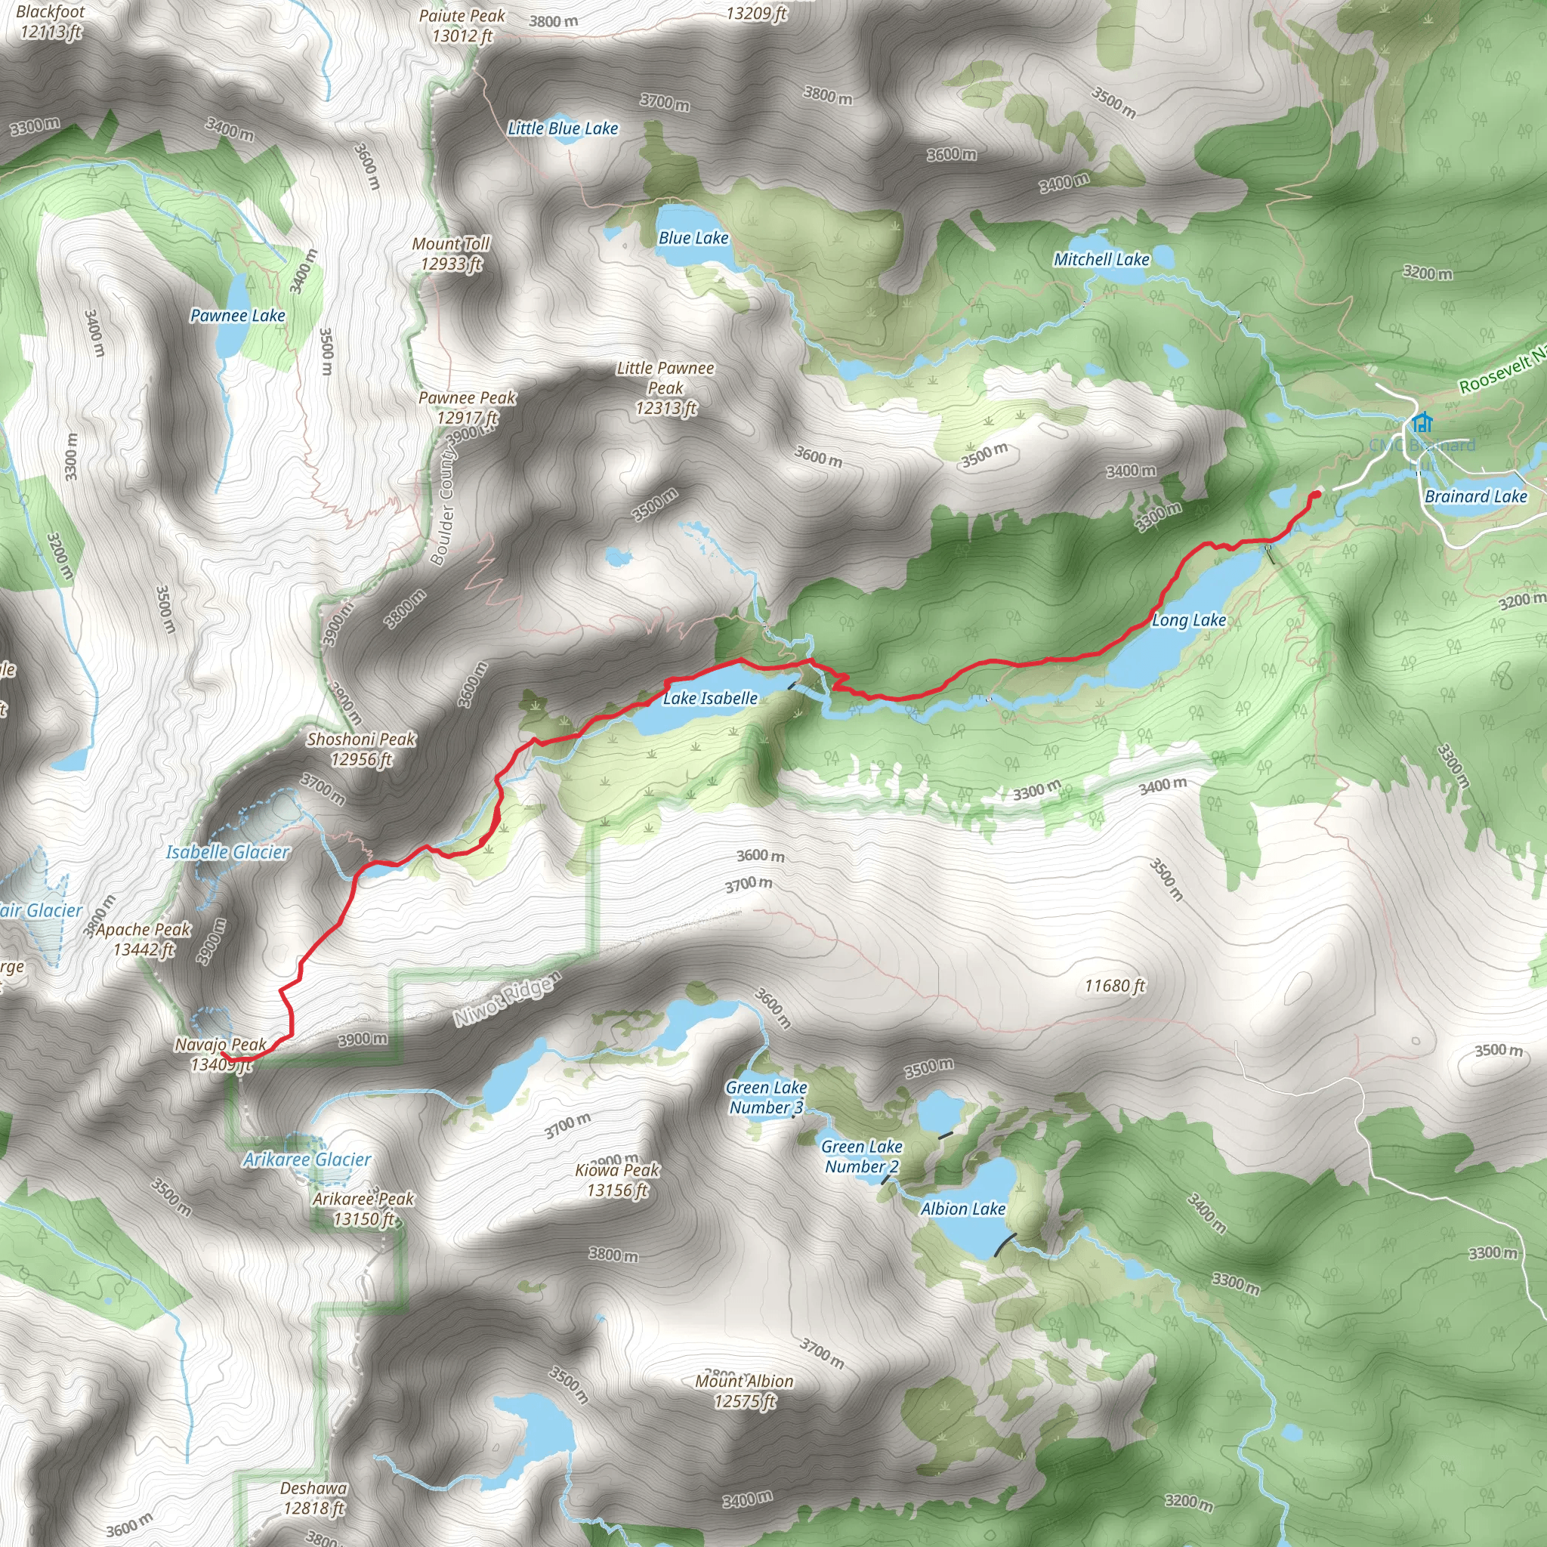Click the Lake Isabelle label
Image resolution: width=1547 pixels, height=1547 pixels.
pos(710,698)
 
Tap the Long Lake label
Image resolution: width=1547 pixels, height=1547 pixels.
pos(1188,619)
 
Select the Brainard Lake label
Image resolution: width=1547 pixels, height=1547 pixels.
pos(1476,496)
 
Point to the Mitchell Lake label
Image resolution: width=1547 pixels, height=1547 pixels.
pos(1101,259)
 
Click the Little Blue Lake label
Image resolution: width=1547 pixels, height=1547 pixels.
pos(563,128)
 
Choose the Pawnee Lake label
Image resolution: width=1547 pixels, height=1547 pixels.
pos(238,316)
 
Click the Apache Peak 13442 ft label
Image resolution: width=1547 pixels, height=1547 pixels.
pos(144,939)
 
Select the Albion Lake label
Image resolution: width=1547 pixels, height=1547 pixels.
pos(962,1209)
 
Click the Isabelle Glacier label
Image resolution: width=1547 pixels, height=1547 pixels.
pos(228,852)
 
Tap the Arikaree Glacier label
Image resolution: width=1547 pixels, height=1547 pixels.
pos(307,1159)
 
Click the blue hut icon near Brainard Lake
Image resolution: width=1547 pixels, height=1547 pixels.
pos(1422,421)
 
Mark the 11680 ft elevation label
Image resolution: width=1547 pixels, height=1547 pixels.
pos(1115,986)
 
